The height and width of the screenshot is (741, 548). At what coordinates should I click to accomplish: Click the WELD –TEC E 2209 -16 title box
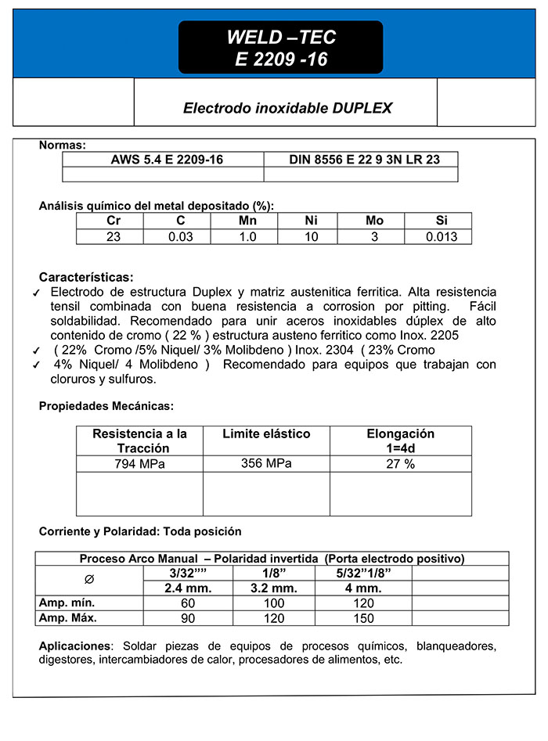[280, 48]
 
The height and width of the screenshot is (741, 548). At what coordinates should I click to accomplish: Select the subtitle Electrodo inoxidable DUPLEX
[287, 108]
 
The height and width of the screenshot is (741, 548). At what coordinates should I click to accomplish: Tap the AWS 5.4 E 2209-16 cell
[167, 159]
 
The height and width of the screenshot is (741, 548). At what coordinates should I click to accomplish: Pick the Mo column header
[374, 221]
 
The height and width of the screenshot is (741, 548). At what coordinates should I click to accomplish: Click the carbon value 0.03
[181, 237]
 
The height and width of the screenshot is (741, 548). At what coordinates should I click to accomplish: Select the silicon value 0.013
[442, 237]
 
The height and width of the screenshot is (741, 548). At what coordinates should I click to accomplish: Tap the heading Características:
[86, 277]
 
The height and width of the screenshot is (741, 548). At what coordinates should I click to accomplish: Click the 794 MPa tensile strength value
[139, 464]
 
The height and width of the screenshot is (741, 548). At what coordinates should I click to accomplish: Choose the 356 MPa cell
[266, 463]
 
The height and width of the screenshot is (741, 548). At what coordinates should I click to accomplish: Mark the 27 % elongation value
[400, 464]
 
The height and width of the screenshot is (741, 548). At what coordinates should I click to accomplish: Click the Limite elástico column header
[266, 433]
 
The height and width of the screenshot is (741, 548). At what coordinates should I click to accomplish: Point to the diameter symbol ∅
[88, 579]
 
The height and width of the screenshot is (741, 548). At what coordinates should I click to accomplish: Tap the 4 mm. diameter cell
[363, 588]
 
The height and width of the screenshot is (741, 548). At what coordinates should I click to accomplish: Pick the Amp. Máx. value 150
[363, 619]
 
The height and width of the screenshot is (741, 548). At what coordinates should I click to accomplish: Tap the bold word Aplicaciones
[74, 646]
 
